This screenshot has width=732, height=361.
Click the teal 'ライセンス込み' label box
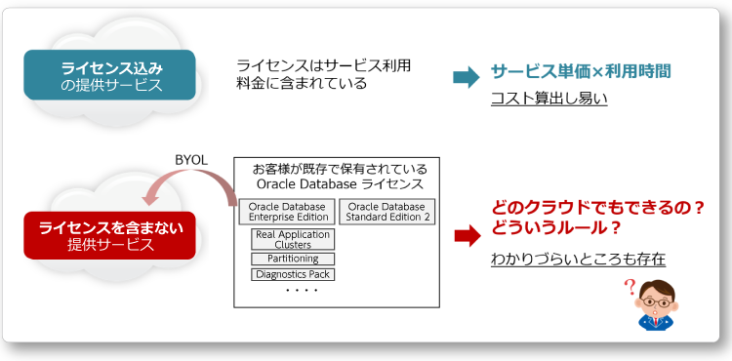coord(110,76)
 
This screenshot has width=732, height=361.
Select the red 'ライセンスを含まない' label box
coord(110,235)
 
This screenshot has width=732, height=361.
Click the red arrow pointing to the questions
coord(468,235)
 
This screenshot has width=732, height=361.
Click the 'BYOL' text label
coord(192,159)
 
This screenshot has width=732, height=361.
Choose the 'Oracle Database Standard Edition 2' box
coord(387,212)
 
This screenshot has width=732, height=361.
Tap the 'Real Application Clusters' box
coord(292,239)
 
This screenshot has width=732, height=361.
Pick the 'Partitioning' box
coord(292,260)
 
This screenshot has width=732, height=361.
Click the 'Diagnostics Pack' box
coord(292,274)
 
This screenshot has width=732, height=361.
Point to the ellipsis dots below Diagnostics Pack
coord(300,291)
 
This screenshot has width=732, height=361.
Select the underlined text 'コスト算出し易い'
coord(549,98)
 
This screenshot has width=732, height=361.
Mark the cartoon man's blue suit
coord(656,322)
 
